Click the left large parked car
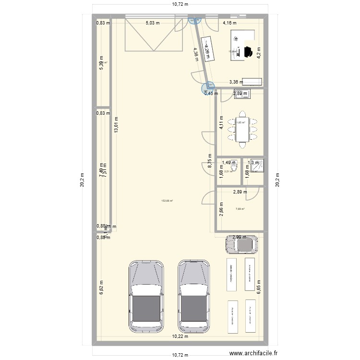[146, 297]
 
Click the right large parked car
[194, 297]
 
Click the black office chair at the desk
[249, 51]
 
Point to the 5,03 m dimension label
[153, 23]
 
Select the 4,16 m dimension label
[229, 23]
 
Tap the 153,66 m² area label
[167, 202]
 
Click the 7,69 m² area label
[240, 209]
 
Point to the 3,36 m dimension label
[236, 82]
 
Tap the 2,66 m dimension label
[221, 210]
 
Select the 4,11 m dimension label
[221, 123]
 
